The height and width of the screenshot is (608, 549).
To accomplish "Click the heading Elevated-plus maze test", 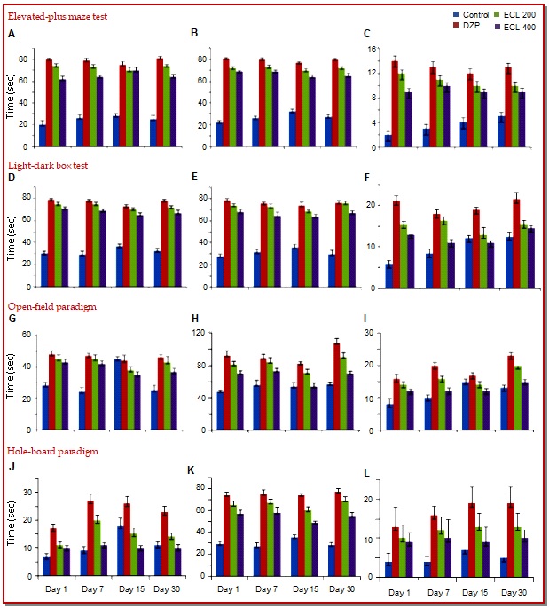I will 57,16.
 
